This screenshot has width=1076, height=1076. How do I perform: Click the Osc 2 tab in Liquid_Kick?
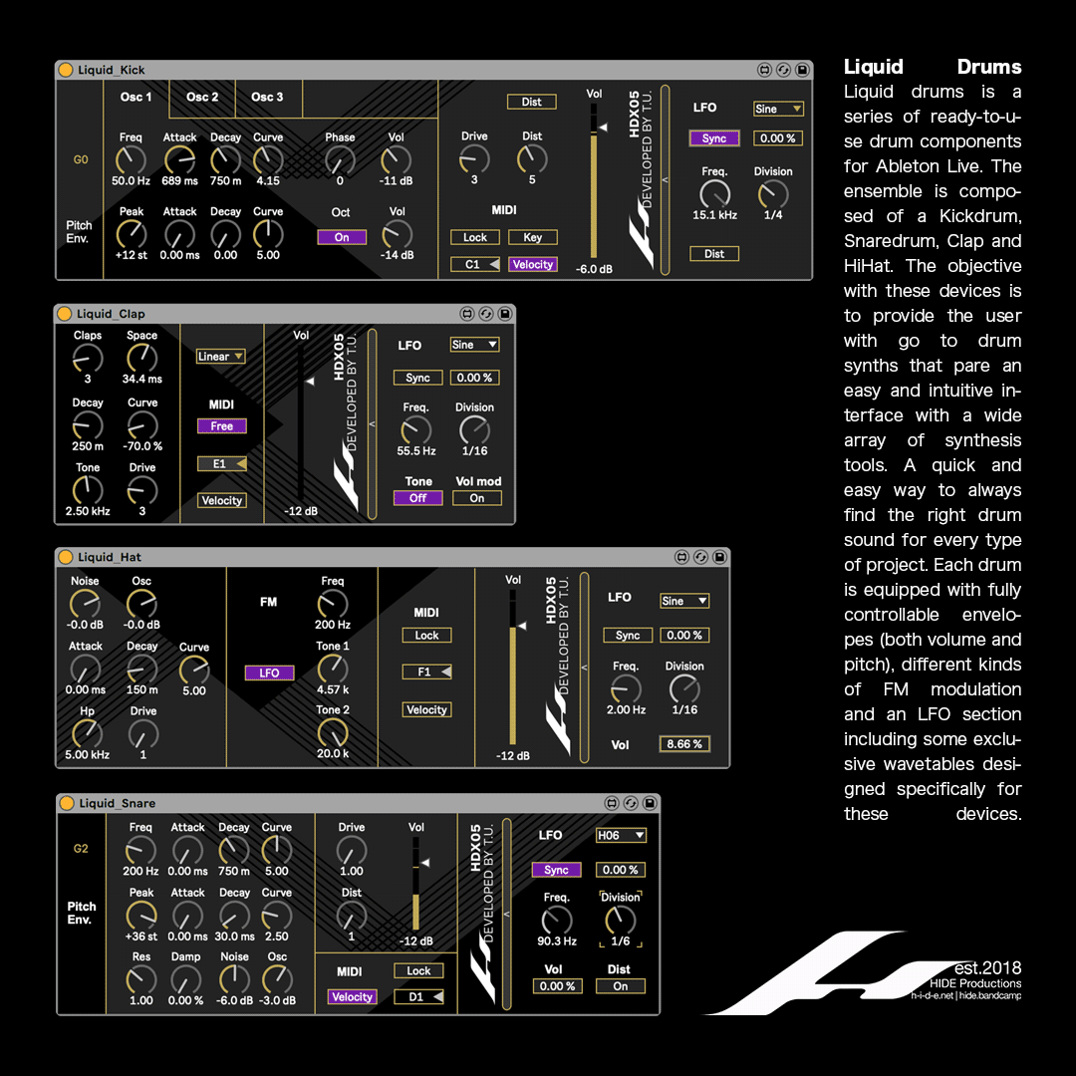pyautogui.click(x=202, y=98)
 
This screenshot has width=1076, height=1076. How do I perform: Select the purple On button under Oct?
pyautogui.click(x=342, y=237)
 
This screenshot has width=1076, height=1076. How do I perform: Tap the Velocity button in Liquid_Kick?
pyautogui.click(x=533, y=264)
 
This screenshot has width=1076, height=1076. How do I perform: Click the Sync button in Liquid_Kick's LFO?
pyautogui.click(x=714, y=138)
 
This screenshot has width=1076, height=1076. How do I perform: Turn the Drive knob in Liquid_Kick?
pyautogui.click(x=474, y=157)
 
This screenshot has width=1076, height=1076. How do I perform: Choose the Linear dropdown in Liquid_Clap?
pyautogui.click(x=220, y=357)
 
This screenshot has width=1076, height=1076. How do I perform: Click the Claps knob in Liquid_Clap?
pyautogui.click(x=88, y=358)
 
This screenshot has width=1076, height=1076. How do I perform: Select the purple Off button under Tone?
pyautogui.click(x=418, y=498)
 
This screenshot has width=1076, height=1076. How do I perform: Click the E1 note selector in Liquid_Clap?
pyautogui.click(x=222, y=463)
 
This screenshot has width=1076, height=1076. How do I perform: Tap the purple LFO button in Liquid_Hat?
pyautogui.click(x=269, y=672)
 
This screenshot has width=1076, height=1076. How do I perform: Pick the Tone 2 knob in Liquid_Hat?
pyautogui.click(x=333, y=732)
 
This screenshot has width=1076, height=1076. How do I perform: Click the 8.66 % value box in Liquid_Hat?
pyautogui.click(x=684, y=744)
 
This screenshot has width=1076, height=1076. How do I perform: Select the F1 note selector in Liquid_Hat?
pyautogui.click(x=426, y=672)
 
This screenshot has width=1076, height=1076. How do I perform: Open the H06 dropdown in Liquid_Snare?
pyautogui.click(x=620, y=836)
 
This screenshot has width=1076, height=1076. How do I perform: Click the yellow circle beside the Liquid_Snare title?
pyautogui.click(x=67, y=803)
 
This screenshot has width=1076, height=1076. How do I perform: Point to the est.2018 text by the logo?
pyautogui.click(x=987, y=968)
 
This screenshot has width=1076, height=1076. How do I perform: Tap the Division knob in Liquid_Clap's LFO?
pyautogui.click(x=474, y=429)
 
